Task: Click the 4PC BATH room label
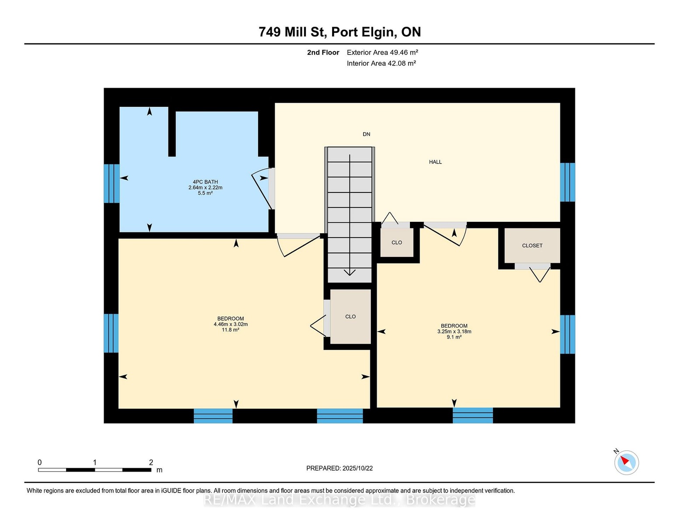tap(205, 182)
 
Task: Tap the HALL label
tap(435, 162)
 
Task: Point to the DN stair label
tap(366, 134)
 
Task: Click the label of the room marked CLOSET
tap(532, 245)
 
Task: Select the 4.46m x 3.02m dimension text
tap(231, 324)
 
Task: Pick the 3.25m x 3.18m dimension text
tap(454, 331)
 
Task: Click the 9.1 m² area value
tap(454, 337)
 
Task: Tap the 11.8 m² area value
tap(231, 329)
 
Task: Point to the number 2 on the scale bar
tap(151, 462)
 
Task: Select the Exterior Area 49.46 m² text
tap(382, 52)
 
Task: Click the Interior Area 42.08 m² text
tap(381, 63)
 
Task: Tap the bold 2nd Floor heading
tap(323, 52)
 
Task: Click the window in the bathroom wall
tap(112, 184)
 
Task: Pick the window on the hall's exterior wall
tap(567, 182)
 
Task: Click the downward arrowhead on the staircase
tap(349, 272)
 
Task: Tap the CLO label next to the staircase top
tap(397, 242)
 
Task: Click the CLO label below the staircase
tap(350, 316)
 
